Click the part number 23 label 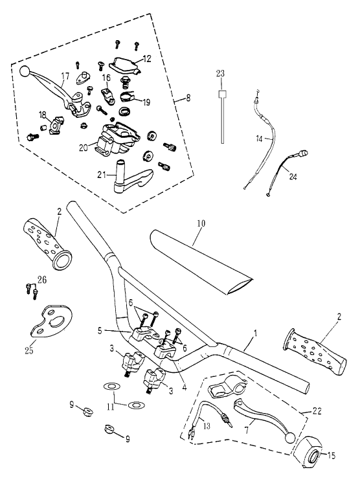click(220, 74)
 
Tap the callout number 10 click(201, 223)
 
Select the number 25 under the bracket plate click(29, 350)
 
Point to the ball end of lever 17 click(25, 71)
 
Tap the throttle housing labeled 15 click(308, 452)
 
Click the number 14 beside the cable click(259, 139)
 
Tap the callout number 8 click(188, 98)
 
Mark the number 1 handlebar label click(255, 333)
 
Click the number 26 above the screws click(42, 280)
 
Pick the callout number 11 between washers click(111, 407)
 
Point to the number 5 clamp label click(100, 331)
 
